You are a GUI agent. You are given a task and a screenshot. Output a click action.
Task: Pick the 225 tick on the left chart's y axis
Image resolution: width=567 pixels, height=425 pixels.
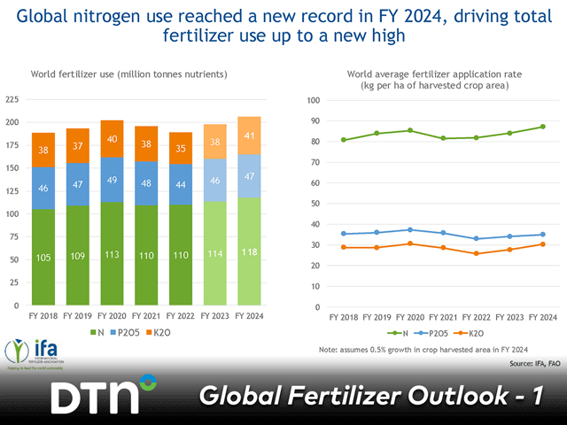coord(14,99)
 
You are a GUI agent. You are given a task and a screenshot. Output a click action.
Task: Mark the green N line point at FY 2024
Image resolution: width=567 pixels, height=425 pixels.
coord(542,127)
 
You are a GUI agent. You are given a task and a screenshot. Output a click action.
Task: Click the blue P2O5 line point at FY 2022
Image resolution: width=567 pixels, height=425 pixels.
coord(477,238)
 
